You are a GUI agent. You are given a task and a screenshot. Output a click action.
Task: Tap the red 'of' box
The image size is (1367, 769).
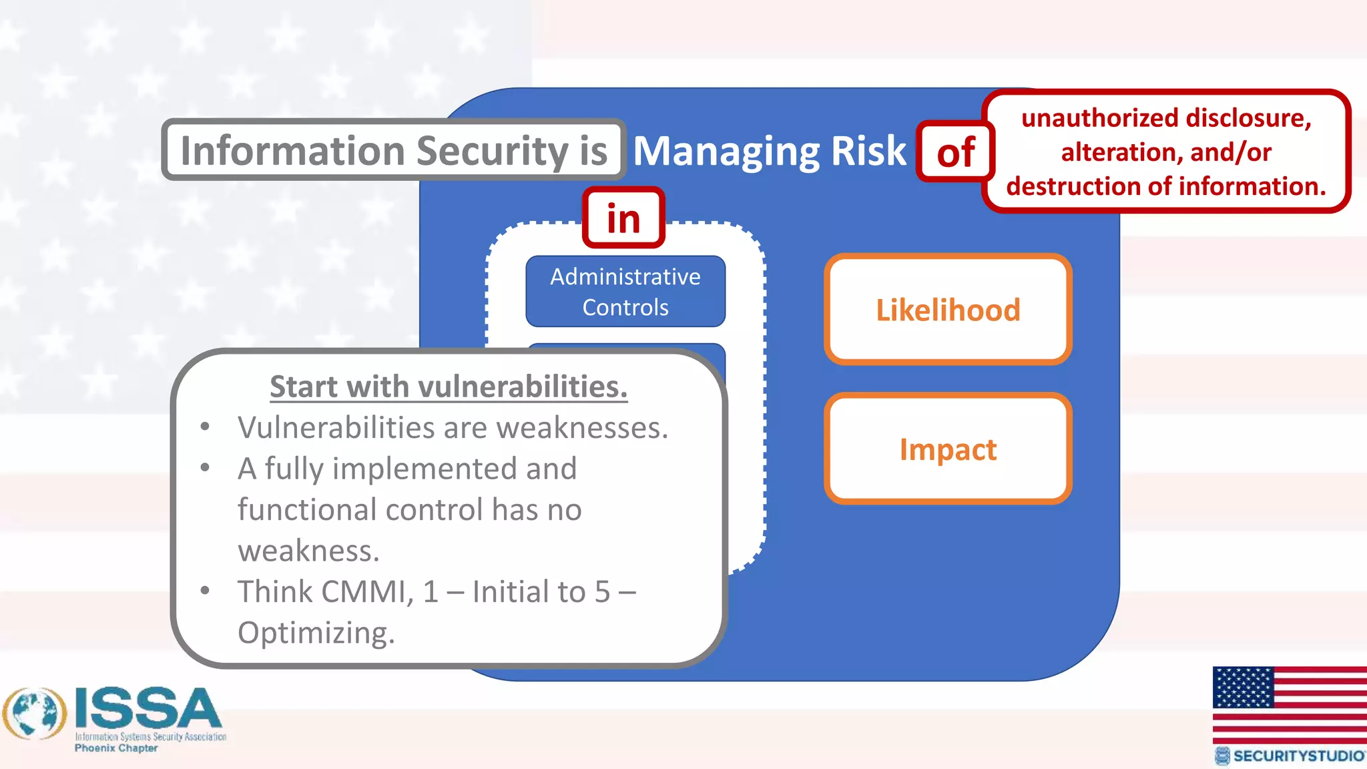click(x=955, y=152)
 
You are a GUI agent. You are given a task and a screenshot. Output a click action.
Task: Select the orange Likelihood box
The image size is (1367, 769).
click(x=948, y=310)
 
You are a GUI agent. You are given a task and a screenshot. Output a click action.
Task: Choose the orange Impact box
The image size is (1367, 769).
click(x=948, y=449)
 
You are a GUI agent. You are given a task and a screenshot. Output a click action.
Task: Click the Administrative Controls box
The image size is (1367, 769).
click(x=625, y=292)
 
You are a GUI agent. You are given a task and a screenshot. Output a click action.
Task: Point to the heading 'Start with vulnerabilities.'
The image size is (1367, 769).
click(x=449, y=387)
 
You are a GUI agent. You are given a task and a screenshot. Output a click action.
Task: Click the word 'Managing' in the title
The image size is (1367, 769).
click(x=726, y=152)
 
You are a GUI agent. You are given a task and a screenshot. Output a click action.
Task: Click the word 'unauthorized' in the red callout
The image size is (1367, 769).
click(x=1086, y=118)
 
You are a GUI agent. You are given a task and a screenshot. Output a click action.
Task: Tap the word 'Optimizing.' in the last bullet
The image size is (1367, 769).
click(x=316, y=633)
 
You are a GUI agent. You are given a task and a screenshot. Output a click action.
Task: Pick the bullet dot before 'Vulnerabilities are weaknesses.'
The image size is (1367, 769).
click(x=205, y=427)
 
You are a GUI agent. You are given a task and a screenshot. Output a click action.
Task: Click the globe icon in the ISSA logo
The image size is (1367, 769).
click(x=35, y=714)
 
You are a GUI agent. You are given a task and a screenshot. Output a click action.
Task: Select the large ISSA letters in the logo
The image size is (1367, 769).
click(x=148, y=708)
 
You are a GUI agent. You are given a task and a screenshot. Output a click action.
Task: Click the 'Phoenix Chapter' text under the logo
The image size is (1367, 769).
click(x=116, y=748)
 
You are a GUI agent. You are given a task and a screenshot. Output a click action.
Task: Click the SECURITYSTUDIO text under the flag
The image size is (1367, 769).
click(x=1298, y=756)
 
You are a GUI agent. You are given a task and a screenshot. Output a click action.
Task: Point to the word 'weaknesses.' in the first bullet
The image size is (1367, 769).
click(x=582, y=428)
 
